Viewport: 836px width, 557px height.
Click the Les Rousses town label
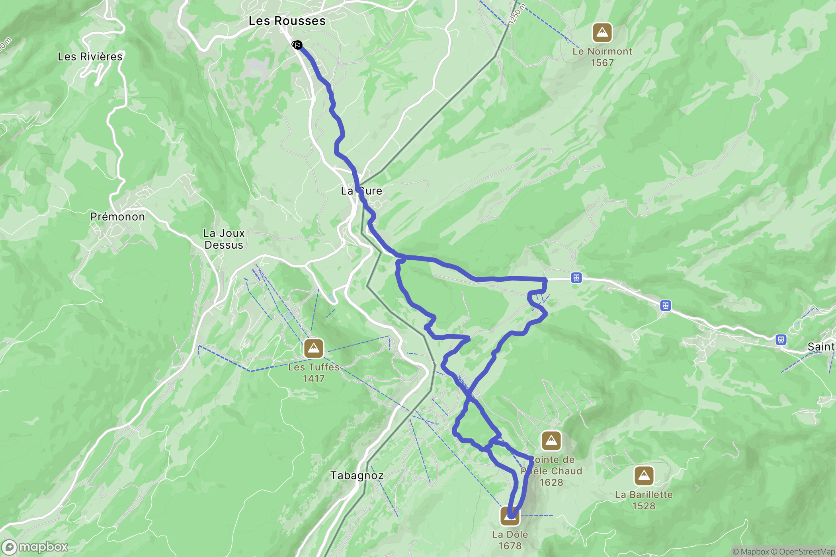click(x=287, y=21)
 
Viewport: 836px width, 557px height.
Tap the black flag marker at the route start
click(x=297, y=45)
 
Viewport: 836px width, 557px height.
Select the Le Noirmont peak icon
click(x=602, y=33)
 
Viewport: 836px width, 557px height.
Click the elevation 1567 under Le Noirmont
click(x=602, y=63)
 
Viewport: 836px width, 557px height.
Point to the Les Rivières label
click(x=90, y=56)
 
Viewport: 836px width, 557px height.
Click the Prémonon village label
click(x=117, y=217)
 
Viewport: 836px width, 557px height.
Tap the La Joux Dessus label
click(x=224, y=239)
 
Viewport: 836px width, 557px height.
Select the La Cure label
click(x=361, y=191)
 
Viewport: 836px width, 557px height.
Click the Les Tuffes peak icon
click(x=314, y=349)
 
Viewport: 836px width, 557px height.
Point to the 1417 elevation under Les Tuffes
click(x=314, y=378)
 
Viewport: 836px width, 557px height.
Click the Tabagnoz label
click(x=357, y=475)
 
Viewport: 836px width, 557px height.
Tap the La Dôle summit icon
click(x=510, y=516)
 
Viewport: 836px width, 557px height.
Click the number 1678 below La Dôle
click(x=510, y=546)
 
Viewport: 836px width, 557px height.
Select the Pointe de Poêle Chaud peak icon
click(x=551, y=441)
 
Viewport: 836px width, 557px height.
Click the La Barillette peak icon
click(x=644, y=476)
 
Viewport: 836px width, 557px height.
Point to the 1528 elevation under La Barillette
click(x=644, y=506)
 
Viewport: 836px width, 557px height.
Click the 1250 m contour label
click(x=517, y=15)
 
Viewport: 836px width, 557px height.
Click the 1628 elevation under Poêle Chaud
click(x=551, y=482)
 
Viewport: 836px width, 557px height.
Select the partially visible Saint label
click(x=820, y=347)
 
